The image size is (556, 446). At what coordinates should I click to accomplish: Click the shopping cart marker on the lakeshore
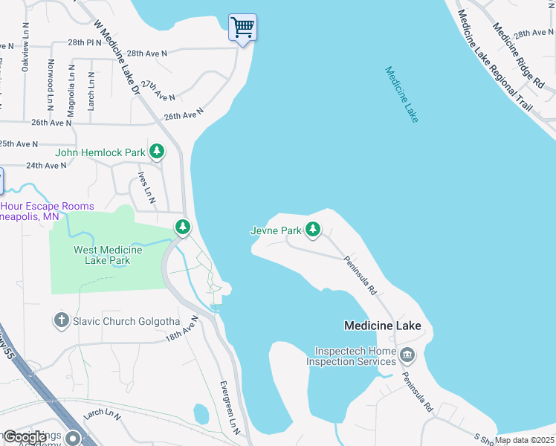click(x=243, y=28)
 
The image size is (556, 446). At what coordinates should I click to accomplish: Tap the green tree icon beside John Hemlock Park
click(x=157, y=152)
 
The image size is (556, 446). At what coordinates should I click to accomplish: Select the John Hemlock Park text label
click(x=101, y=152)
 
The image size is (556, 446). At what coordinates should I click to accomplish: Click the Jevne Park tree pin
click(x=313, y=230)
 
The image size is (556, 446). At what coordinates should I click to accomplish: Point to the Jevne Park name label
click(x=276, y=230)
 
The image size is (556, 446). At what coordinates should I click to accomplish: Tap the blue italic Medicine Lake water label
click(x=401, y=94)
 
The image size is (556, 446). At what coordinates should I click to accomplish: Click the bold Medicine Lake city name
click(x=382, y=326)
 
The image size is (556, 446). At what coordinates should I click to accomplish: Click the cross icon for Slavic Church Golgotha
click(x=61, y=320)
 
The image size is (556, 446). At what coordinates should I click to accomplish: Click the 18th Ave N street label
click(x=182, y=329)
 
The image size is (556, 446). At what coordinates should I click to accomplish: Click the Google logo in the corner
click(x=25, y=437)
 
